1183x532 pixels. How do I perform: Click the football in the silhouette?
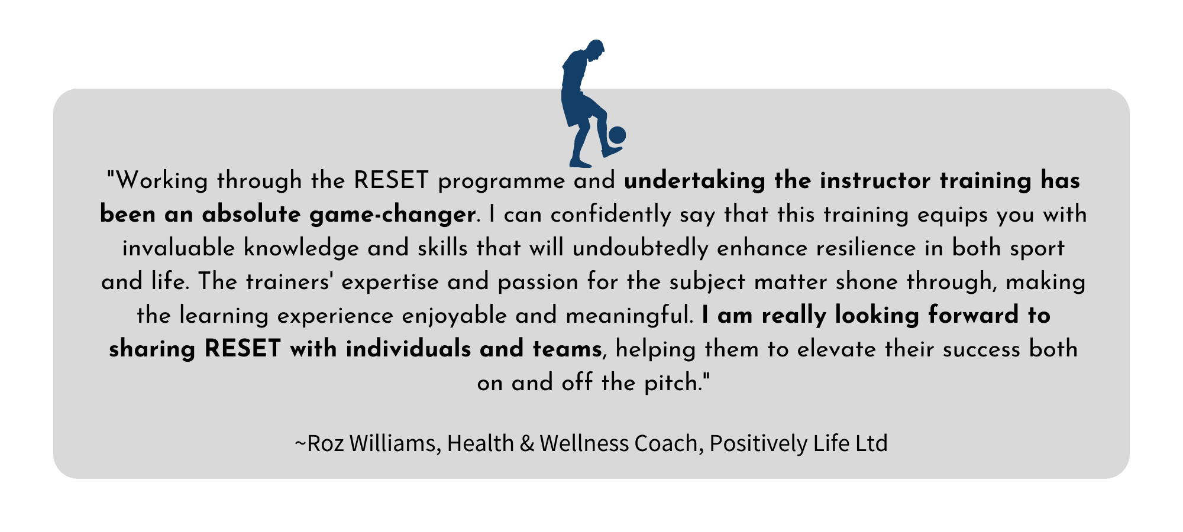pyautogui.click(x=617, y=135)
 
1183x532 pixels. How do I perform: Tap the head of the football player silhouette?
pyautogui.click(x=594, y=50)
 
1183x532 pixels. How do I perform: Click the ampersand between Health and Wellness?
pyautogui.click(x=526, y=444)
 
